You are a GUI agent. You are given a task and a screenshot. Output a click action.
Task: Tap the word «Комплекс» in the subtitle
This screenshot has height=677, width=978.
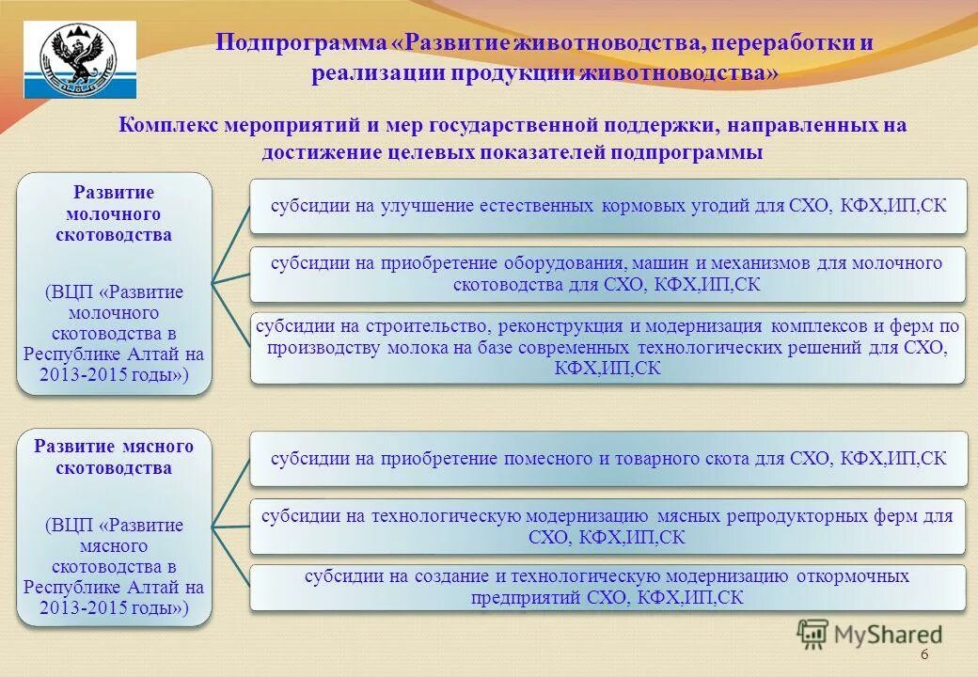tap(166, 125)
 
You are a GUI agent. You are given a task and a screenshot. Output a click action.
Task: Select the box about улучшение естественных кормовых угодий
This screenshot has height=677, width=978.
tap(607, 205)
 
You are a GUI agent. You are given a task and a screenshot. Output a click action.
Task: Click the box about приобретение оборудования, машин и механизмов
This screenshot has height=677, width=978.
tap(607, 274)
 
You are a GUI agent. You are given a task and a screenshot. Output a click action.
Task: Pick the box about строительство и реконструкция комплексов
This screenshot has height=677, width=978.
tap(607, 347)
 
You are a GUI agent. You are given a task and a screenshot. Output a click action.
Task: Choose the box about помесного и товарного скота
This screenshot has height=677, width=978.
tap(607, 459)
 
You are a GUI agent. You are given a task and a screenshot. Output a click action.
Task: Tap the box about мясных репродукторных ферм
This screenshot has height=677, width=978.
tap(607, 527)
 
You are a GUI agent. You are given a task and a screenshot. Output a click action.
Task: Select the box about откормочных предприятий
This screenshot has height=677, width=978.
tap(607, 587)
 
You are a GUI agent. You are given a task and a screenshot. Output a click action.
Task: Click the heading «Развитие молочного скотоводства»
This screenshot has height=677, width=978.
tap(114, 213)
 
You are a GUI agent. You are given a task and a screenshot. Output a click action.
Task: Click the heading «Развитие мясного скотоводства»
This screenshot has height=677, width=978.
tap(114, 456)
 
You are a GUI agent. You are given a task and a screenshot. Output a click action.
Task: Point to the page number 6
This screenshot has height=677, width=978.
tap(923, 654)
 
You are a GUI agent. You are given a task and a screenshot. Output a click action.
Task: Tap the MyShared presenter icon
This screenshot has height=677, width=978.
tap(813, 635)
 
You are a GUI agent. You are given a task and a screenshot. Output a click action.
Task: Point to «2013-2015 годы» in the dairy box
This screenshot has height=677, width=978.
tap(114, 375)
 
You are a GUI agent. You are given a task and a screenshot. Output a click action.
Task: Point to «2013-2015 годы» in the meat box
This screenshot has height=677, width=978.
tap(114, 608)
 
